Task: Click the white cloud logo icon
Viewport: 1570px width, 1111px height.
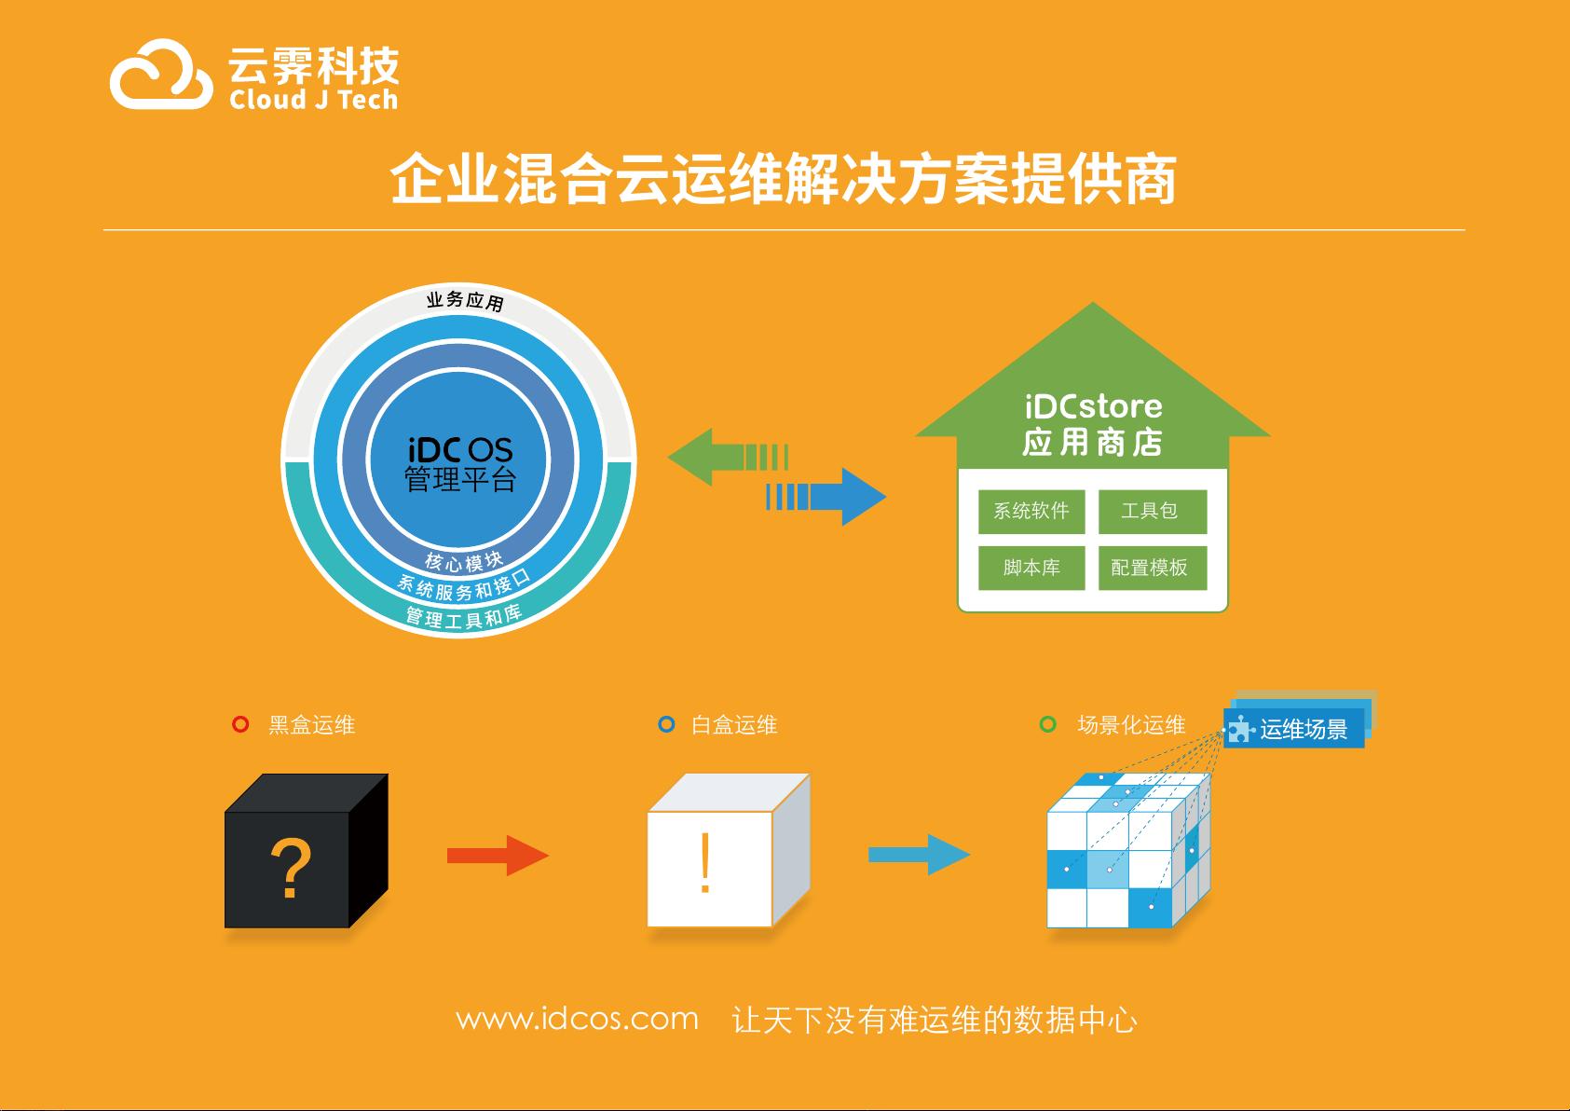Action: pyautogui.click(x=161, y=75)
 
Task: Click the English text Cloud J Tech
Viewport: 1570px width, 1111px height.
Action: pyautogui.click(x=313, y=100)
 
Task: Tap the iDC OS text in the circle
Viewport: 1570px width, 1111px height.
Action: pyautogui.click(x=459, y=450)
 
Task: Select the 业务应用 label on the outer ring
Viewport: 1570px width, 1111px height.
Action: pyautogui.click(x=465, y=301)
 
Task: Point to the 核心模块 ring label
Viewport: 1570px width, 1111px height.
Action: pyautogui.click(x=464, y=561)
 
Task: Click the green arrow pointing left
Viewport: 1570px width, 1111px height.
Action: pyautogui.click(x=729, y=457)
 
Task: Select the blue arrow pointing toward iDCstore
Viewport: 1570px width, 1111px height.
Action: pyautogui.click(x=826, y=497)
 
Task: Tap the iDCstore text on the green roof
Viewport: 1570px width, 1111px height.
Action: pyautogui.click(x=1093, y=406)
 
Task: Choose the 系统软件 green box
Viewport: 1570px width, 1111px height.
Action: pyautogui.click(x=1031, y=511)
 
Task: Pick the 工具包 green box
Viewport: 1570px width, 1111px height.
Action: pyautogui.click(x=1153, y=511)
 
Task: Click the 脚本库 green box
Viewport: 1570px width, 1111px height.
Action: pyautogui.click(x=1031, y=568)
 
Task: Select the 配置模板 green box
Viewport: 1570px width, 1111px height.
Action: pyautogui.click(x=1153, y=568)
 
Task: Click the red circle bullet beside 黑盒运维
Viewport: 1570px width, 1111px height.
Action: pyautogui.click(x=240, y=724)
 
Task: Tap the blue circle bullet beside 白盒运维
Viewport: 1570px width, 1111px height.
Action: pyautogui.click(x=666, y=724)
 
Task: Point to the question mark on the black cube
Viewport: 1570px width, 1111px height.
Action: pyautogui.click(x=290, y=868)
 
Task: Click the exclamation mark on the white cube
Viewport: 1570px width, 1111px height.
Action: pyautogui.click(x=705, y=862)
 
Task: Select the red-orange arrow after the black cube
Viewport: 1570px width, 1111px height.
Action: pyautogui.click(x=498, y=856)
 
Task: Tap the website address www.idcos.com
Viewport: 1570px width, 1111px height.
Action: pyautogui.click(x=578, y=1019)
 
